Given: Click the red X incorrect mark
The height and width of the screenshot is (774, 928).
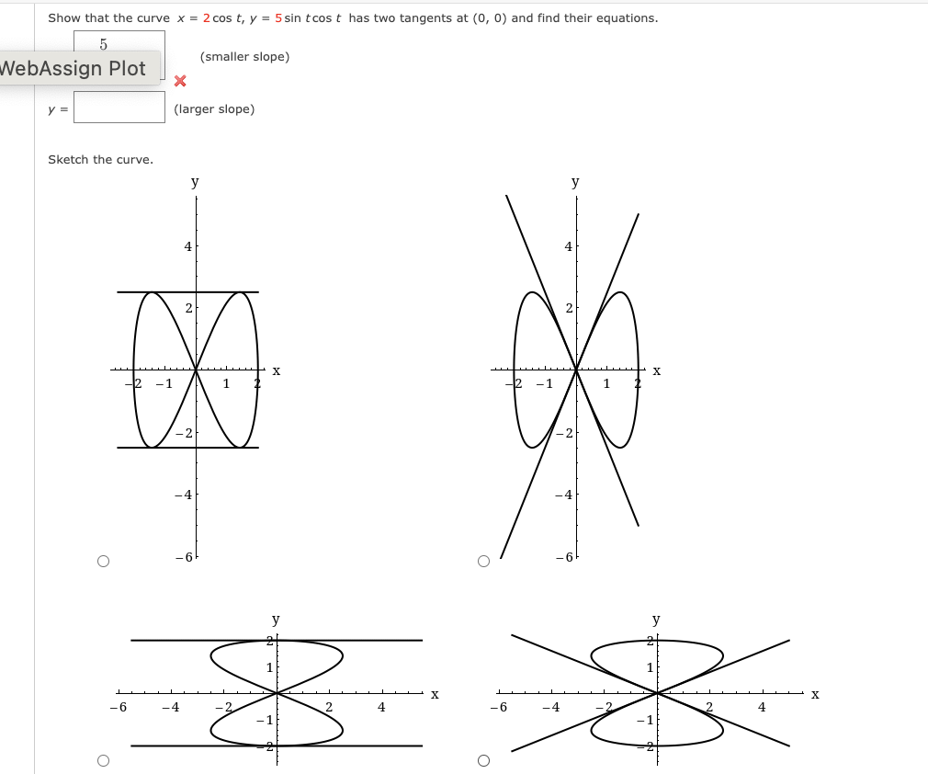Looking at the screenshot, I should (180, 82).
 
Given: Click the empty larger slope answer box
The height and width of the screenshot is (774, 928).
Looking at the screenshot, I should (119, 108).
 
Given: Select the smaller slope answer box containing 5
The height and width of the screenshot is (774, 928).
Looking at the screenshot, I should (119, 43).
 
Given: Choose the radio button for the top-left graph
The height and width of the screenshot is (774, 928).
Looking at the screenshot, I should (103, 561).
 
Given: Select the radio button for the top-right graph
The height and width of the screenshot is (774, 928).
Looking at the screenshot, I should (483, 561).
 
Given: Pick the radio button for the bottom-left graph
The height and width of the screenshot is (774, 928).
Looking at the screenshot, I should (103, 760).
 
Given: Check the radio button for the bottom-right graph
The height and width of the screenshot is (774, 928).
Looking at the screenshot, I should (483, 760).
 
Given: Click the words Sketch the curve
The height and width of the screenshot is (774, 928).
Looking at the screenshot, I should (100, 160).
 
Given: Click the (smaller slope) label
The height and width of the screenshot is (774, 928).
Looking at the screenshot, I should (244, 57).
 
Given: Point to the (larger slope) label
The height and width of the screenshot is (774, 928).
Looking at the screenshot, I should (214, 109).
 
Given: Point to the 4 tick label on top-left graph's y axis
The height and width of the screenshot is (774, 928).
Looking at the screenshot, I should (187, 246).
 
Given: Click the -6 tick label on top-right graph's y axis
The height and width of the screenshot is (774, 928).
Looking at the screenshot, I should (569, 558).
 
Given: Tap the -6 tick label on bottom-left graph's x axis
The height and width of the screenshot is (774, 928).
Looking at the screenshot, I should (116, 708).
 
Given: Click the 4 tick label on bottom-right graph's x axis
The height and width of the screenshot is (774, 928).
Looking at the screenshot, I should (761, 707).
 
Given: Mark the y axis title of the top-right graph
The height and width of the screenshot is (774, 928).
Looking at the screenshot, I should (575, 182).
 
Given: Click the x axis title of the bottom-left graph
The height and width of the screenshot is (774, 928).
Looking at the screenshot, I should (435, 694).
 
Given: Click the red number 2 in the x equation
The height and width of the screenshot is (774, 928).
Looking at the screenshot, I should (206, 18).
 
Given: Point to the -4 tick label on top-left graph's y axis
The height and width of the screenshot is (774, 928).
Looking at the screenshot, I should (184, 495).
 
